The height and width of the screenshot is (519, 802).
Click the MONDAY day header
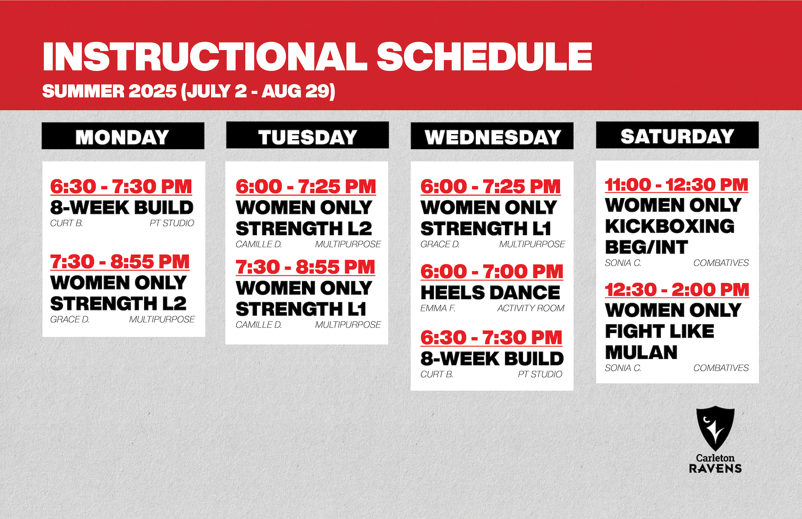[123, 136]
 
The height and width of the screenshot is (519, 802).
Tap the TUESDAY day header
[307, 135]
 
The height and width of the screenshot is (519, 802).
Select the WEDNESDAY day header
[492, 136]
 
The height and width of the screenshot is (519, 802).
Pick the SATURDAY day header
[677, 135]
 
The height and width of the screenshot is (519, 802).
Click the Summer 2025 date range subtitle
[189, 91]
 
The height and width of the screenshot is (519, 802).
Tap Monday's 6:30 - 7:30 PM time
[121, 186]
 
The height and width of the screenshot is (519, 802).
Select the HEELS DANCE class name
[490, 293]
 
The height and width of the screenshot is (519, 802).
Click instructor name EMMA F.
[438, 308]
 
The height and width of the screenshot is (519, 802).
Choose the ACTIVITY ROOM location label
[530, 308]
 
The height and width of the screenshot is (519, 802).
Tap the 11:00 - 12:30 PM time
[677, 185]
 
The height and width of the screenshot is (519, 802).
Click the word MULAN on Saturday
[641, 352]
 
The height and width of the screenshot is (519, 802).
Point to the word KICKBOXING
[670, 226]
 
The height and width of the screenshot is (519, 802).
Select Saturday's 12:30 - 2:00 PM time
[677, 290]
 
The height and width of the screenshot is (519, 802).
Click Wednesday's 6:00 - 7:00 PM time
[492, 272]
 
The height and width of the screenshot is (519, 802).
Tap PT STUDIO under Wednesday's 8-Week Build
[540, 374]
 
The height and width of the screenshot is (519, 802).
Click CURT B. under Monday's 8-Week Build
[66, 223]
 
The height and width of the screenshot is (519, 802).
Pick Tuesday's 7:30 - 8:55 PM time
[305, 267]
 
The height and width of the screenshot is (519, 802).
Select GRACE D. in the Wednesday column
[440, 244]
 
